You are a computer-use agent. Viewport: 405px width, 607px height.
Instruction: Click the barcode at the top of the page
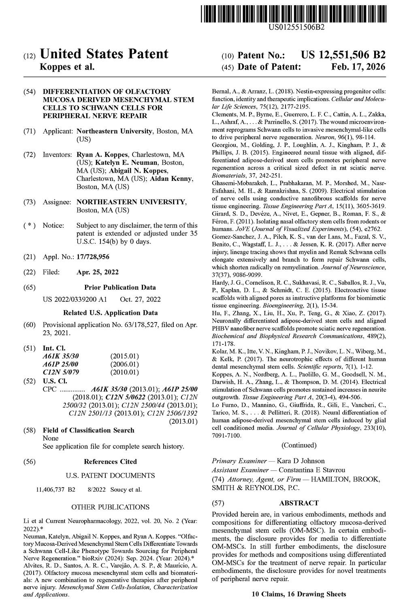pyautogui.click(x=293, y=12)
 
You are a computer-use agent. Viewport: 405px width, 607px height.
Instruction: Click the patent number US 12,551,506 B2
pyautogui.click(x=343, y=55)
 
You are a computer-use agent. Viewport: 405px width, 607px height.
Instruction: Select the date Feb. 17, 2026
pyautogui.click(x=358, y=67)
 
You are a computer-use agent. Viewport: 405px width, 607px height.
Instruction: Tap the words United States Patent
pyautogui.click(x=104, y=54)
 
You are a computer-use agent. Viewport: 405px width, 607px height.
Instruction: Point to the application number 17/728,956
pyautogui.click(x=93, y=257)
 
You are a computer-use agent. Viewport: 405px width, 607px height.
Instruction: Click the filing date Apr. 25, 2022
pyautogui.click(x=98, y=272)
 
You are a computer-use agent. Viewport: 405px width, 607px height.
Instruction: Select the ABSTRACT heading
pyautogui.click(x=299, y=503)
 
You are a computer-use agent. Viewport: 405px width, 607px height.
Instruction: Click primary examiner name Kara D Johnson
pyautogui.click(x=301, y=461)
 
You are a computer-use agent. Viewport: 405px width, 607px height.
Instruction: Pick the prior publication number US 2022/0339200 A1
pyautogui.click(x=75, y=299)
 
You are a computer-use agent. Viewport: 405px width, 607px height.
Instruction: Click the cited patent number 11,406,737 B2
pyautogui.click(x=56, y=490)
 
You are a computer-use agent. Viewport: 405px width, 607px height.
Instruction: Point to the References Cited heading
pyautogui.click(x=110, y=461)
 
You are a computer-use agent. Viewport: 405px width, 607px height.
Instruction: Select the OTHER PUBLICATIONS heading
pyautogui.click(x=110, y=507)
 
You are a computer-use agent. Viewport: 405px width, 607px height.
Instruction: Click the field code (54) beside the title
pyautogui.click(x=30, y=91)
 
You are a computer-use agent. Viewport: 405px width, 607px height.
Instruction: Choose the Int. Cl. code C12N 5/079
pyautogui.click(x=61, y=372)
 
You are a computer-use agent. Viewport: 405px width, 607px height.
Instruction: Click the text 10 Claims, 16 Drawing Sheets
pyautogui.click(x=299, y=594)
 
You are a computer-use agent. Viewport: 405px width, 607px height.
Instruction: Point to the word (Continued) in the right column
pyautogui.click(x=299, y=445)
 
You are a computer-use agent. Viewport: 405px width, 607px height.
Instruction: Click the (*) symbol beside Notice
pyautogui.click(x=30, y=225)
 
